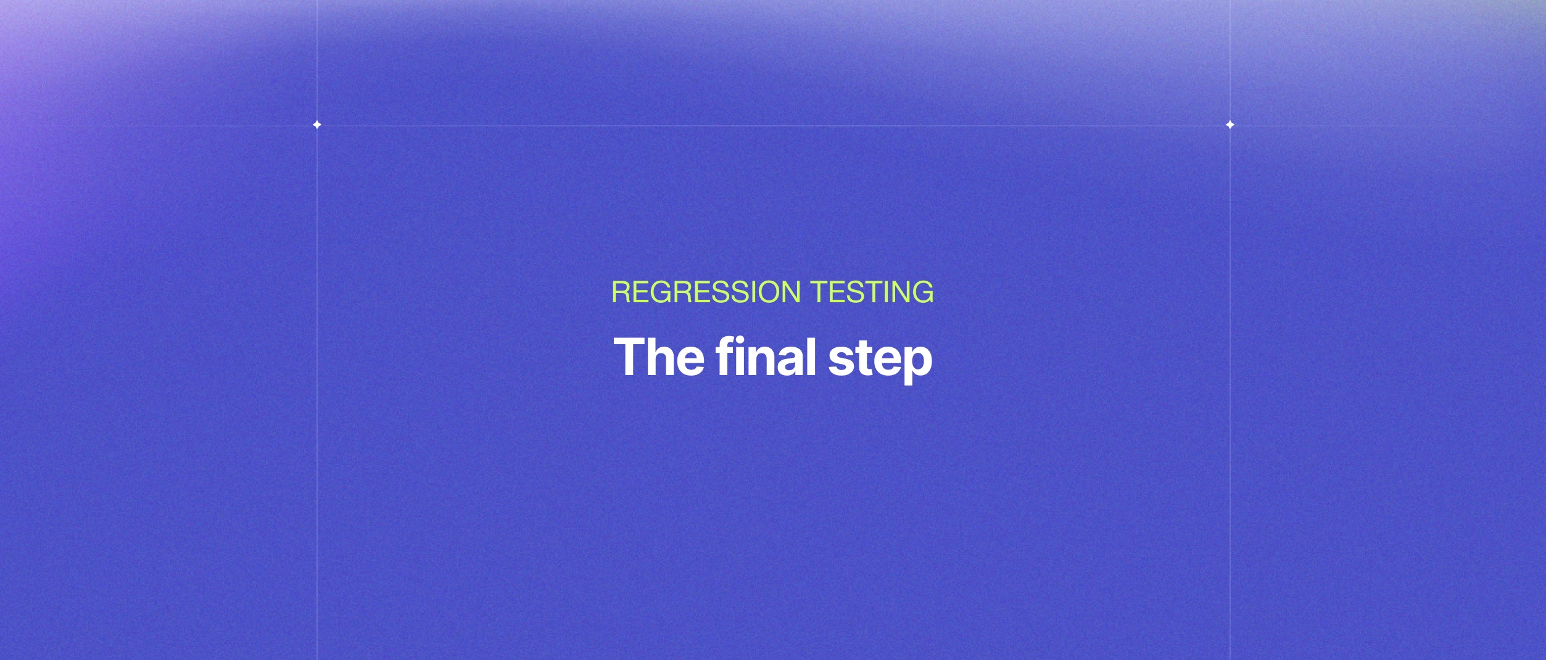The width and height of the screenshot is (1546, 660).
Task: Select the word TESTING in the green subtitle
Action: (872, 292)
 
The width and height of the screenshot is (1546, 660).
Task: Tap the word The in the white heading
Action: (658, 357)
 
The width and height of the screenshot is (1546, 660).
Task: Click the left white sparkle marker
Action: (317, 125)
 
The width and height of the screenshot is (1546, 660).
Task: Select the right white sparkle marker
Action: (1230, 125)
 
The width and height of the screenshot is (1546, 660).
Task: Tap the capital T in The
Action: (630, 357)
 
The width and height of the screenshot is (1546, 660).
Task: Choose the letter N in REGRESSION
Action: (790, 292)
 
